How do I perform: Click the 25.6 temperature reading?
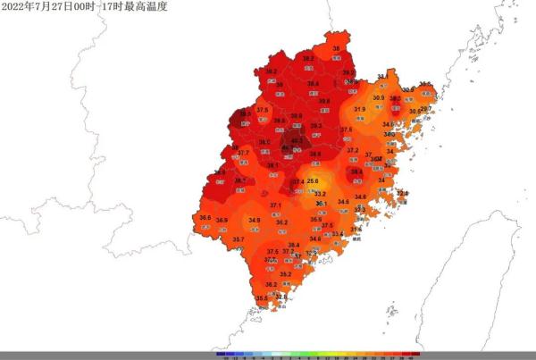pyautogui.click(x=313, y=181)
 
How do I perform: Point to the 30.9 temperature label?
pyautogui.click(x=379, y=97)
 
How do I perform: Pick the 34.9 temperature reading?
pyautogui.click(x=255, y=220)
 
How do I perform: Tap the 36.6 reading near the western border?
pyautogui.click(x=205, y=218)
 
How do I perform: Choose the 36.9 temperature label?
pyautogui.click(x=222, y=220)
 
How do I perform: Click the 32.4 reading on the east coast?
pyautogui.click(x=402, y=193)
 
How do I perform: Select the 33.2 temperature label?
pyautogui.click(x=320, y=194)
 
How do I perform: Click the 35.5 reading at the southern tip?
pyautogui.click(x=261, y=298)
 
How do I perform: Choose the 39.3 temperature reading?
pyautogui.click(x=315, y=126)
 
